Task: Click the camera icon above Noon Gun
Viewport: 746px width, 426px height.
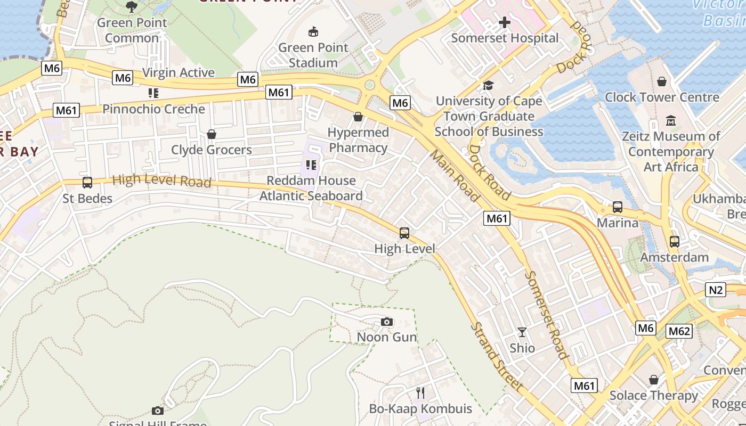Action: (x=387, y=322)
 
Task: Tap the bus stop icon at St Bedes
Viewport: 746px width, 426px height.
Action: (x=87, y=183)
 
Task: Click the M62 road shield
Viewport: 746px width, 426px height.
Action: (x=679, y=331)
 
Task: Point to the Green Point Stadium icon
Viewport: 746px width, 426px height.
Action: (x=313, y=32)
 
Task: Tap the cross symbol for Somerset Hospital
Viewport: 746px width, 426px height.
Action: (x=504, y=22)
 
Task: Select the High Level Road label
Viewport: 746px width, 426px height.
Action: (x=161, y=181)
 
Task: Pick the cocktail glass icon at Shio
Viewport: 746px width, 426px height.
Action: (x=522, y=332)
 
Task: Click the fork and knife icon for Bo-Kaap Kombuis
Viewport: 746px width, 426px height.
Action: (x=420, y=393)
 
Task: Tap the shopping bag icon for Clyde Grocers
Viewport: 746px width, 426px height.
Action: (x=212, y=134)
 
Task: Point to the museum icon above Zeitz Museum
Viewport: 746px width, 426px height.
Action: (x=671, y=121)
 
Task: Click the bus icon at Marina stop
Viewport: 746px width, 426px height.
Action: (x=617, y=207)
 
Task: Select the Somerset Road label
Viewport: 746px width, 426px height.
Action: (x=546, y=315)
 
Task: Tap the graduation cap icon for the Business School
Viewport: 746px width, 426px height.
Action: (x=488, y=85)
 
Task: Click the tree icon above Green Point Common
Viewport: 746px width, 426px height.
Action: (x=132, y=7)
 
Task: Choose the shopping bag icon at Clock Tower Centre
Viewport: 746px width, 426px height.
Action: (x=662, y=81)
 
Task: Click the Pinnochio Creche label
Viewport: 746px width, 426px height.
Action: (x=153, y=109)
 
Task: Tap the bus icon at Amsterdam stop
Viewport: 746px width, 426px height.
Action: (x=675, y=242)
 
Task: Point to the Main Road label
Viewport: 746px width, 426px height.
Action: (x=455, y=175)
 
